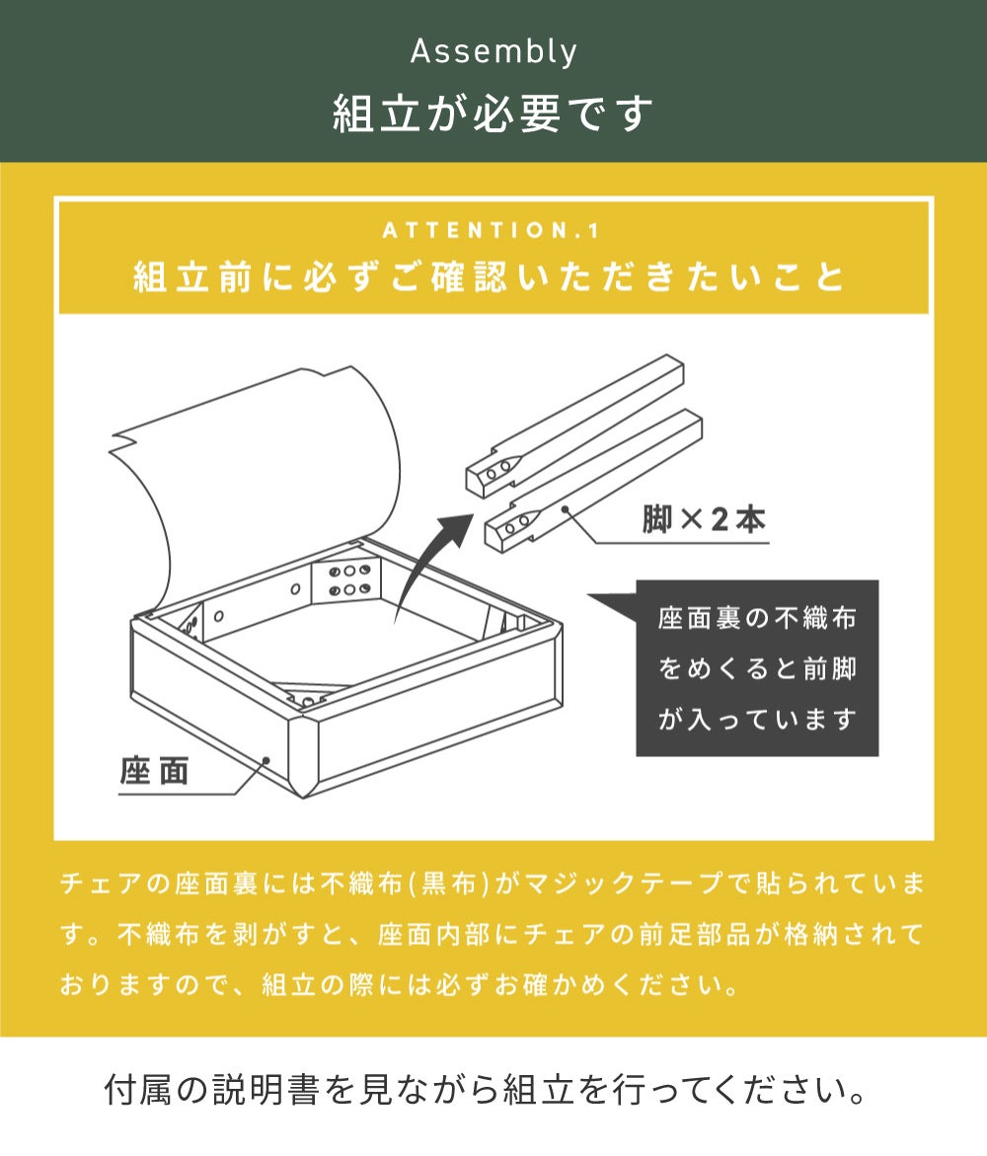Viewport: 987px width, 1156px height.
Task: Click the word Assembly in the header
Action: coord(493,52)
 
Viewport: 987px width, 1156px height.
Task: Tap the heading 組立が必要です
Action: coord(493,114)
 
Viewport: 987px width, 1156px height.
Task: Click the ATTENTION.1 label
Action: coord(493,231)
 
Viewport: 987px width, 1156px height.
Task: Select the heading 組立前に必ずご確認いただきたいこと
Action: coord(490,277)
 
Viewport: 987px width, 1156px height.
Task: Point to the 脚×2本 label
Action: coord(704,519)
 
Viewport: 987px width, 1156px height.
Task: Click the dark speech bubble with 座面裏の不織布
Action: coord(756,668)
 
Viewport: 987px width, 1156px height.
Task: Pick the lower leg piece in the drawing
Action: coord(593,480)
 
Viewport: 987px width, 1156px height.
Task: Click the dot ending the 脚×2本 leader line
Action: coord(566,508)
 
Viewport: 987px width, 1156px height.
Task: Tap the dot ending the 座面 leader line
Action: coord(266,759)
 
